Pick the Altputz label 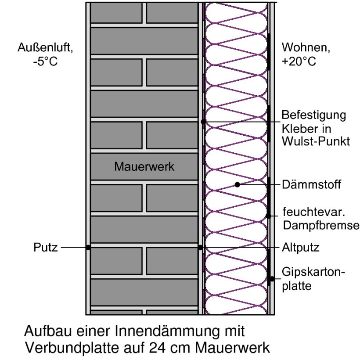[x=300, y=248]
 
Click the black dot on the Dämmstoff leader [x=238, y=185]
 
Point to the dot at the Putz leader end [x=88, y=248]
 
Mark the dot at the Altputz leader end [x=201, y=248]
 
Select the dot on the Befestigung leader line [x=203, y=122]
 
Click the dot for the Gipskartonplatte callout [x=272, y=278]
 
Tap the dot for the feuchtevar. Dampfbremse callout [x=268, y=216]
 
